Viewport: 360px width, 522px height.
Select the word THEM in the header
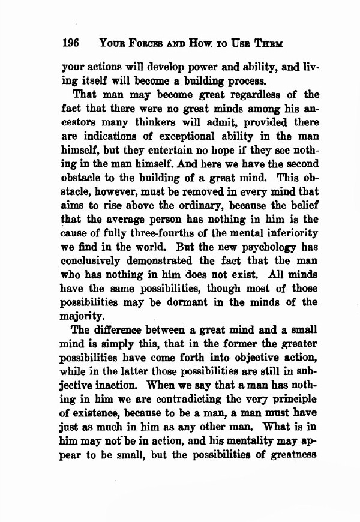[x=268, y=44]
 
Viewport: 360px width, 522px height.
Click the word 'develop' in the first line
[x=160, y=67]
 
